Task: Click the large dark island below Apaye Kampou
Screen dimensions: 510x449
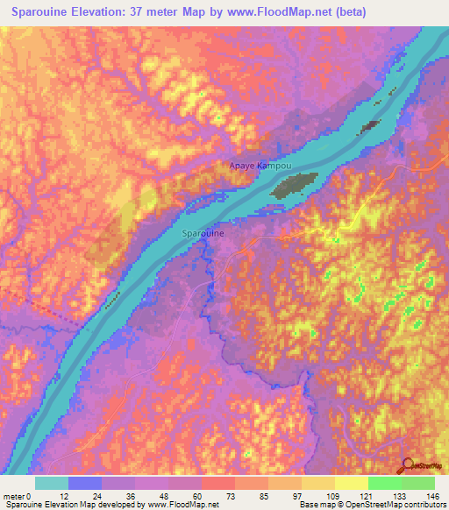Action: pyautogui.click(x=292, y=185)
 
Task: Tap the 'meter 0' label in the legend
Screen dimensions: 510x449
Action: pyautogui.click(x=18, y=495)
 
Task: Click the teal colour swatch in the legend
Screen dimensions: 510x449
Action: pyautogui.click(x=52, y=482)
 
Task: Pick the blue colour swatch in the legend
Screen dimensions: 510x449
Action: pyautogui.click(x=85, y=482)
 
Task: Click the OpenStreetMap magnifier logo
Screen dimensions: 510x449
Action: pyautogui.click(x=409, y=465)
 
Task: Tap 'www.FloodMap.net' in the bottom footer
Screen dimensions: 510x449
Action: pyautogui.click(x=182, y=505)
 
